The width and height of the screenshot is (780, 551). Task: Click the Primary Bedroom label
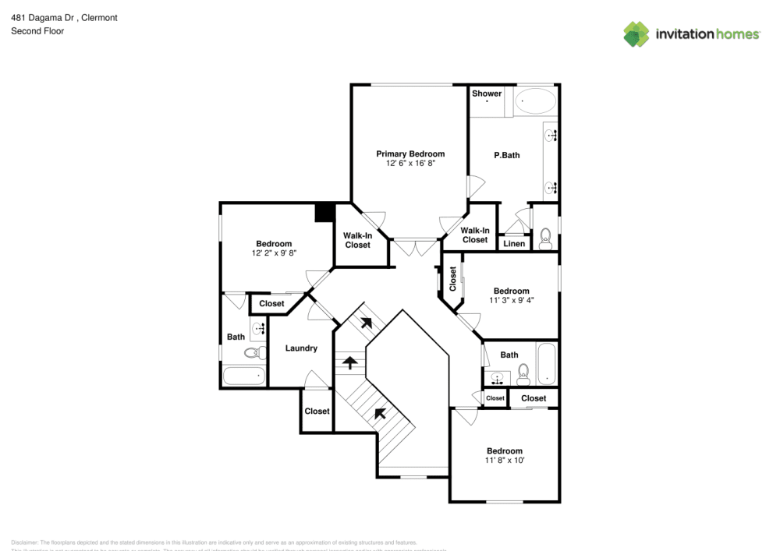pos(410,154)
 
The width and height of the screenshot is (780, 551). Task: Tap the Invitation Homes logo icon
pos(636,34)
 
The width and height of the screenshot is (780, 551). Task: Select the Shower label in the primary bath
pos(487,94)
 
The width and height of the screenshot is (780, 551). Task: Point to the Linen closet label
pos(514,244)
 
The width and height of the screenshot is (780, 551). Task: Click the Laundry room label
pos(300,348)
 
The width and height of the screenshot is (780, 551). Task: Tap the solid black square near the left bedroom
pos(324,213)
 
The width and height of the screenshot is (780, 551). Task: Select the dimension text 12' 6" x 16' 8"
pos(410,164)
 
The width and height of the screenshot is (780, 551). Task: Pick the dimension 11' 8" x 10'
pos(505,461)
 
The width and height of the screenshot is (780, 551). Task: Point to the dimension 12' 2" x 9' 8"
pos(274,253)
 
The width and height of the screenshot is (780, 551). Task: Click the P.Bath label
pos(507,155)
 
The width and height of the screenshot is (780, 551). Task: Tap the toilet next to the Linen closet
pos(545,237)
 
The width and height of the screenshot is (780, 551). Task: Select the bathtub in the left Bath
pos(243,376)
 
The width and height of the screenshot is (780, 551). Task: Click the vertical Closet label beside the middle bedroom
pos(453,279)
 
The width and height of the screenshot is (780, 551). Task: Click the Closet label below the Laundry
pos(317,411)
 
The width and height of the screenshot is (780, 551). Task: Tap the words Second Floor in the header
pos(37,31)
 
